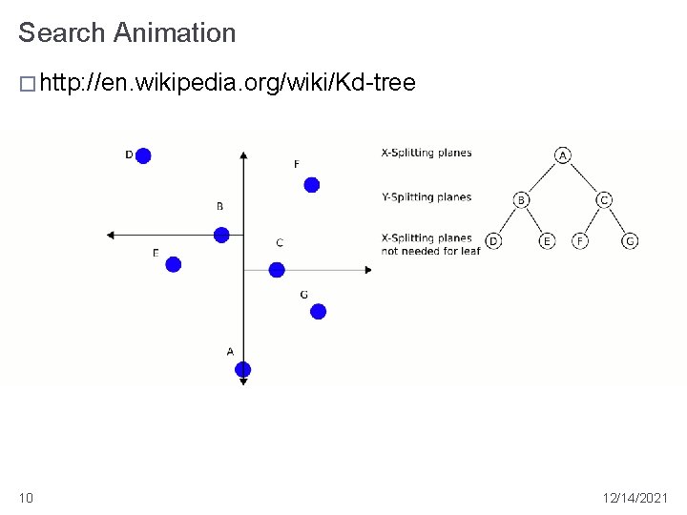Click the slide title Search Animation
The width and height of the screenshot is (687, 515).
point(127,32)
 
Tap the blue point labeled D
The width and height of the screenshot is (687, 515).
point(143,155)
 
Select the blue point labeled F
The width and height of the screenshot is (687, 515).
point(311,184)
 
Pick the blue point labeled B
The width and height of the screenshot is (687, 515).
point(221,235)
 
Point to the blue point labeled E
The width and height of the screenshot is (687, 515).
point(173,264)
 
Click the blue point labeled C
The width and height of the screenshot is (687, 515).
point(277,270)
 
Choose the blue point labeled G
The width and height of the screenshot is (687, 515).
point(319,311)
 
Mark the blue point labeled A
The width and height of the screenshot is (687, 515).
point(242,369)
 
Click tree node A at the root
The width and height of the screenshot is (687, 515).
point(563,155)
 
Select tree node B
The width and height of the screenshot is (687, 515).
point(521,199)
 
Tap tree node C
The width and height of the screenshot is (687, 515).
point(604,199)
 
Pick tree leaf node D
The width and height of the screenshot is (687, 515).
point(493,241)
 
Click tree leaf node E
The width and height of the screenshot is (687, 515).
point(547,241)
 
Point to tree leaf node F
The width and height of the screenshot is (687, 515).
point(579,241)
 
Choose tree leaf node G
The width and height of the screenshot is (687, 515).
point(630,241)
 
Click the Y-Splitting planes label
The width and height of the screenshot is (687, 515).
point(427,197)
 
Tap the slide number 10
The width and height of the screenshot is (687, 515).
point(25,497)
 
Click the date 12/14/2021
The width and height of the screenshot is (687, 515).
point(636,497)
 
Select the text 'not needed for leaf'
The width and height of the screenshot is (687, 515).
point(430,251)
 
